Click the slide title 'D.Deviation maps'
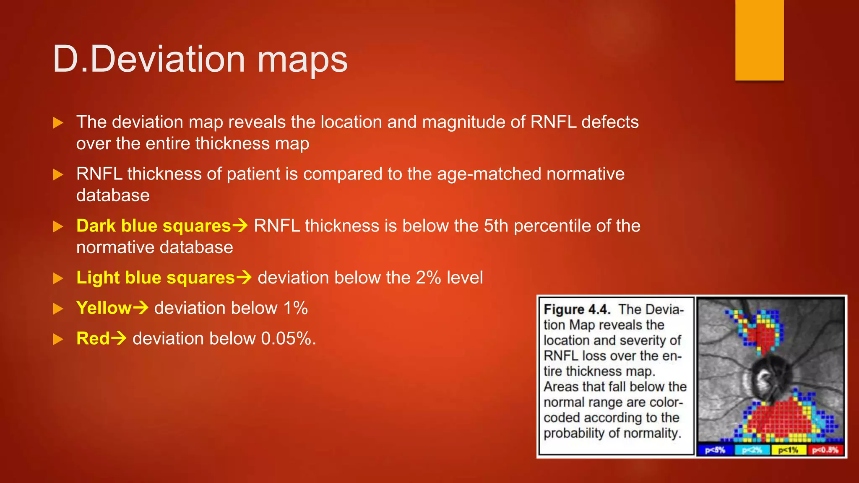[x=200, y=59]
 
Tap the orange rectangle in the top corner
[x=759, y=40]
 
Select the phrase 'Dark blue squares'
[x=154, y=226]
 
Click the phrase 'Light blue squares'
[x=156, y=278]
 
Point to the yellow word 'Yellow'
[x=104, y=308]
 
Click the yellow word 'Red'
[x=93, y=339]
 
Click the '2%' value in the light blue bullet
[x=428, y=278]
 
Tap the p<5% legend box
[x=715, y=450]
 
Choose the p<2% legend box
[x=752, y=450]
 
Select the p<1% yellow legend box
[x=788, y=450]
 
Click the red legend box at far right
[x=825, y=450]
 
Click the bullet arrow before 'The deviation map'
[x=58, y=123]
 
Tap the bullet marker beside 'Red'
[x=58, y=339]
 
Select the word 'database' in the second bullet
[x=113, y=195]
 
